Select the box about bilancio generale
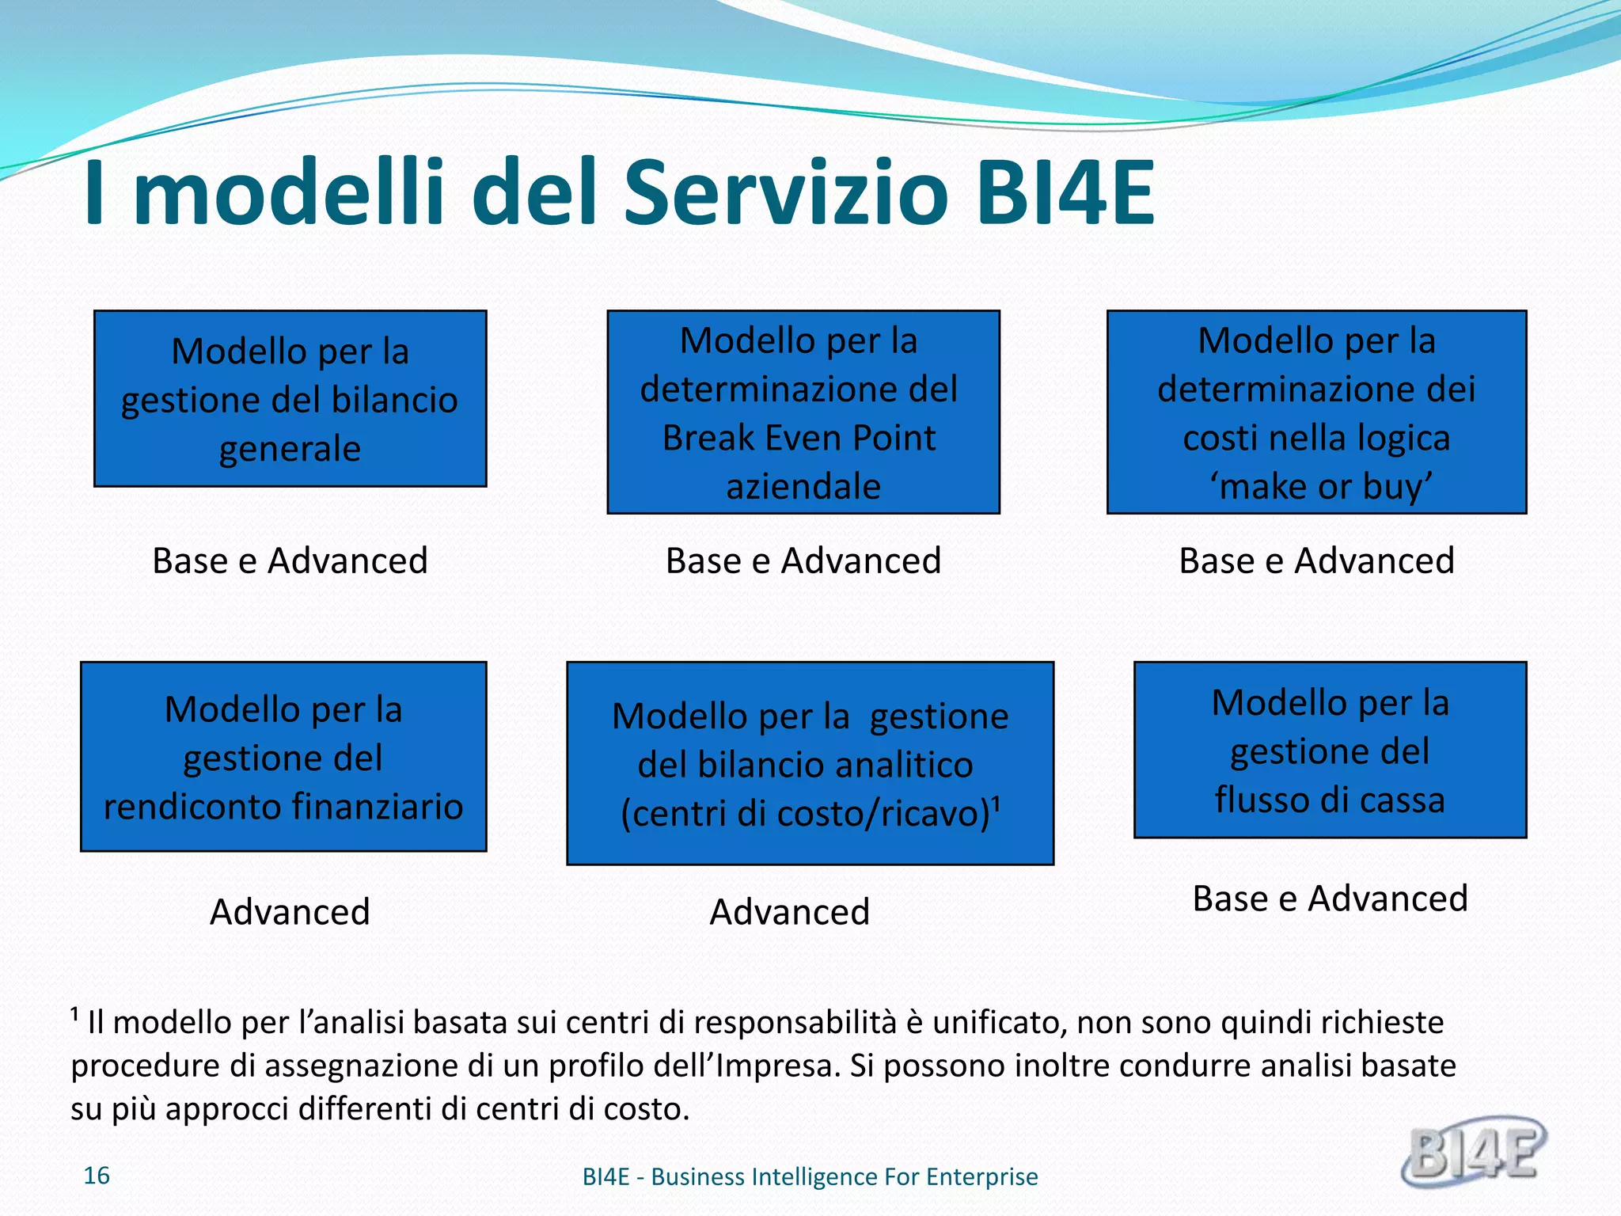[290, 398]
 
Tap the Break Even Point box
[803, 412]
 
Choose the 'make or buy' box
[1315, 412]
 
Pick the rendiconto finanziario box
[283, 756]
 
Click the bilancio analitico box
[810, 763]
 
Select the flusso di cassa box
[1330, 750]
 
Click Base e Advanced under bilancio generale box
[290, 560]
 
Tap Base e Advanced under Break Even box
[803, 560]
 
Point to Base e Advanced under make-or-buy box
[1315, 560]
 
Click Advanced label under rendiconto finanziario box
[290, 912]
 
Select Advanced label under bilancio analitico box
[789, 912]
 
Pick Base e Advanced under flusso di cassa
[1330, 899]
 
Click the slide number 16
[97, 1176]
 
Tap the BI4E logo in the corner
[1474, 1152]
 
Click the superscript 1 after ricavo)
[997, 804]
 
